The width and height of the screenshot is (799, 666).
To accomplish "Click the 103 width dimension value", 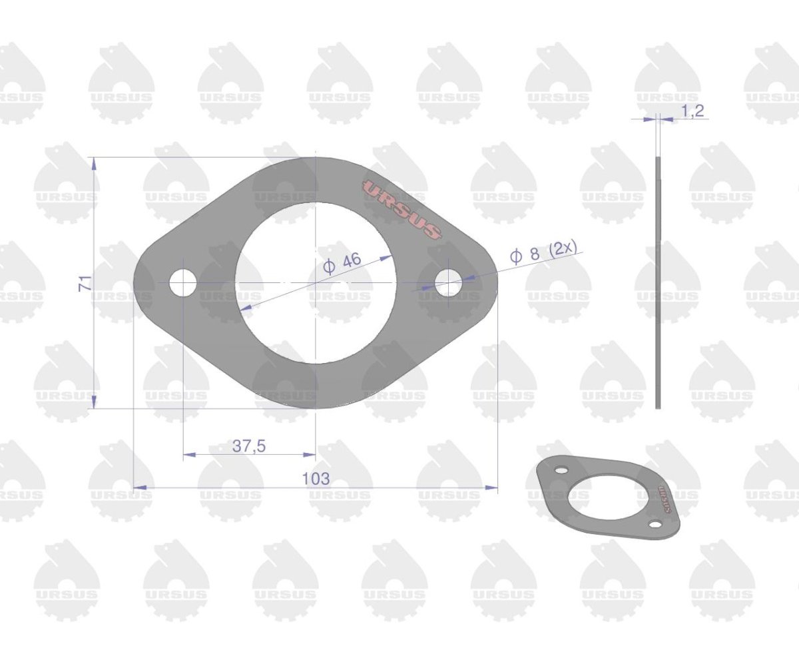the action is tap(316, 478).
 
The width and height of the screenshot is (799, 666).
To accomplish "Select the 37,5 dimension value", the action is tap(249, 446).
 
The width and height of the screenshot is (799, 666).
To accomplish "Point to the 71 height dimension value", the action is tap(85, 283).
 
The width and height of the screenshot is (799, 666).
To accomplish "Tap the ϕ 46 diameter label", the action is tap(342, 264).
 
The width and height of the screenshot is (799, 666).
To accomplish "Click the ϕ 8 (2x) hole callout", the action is tap(543, 252).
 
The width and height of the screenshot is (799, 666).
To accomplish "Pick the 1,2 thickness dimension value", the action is tap(692, 111).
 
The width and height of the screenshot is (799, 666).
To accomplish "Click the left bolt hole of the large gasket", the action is tap(183, 283).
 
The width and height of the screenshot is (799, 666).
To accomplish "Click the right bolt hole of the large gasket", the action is tap(449, 283).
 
